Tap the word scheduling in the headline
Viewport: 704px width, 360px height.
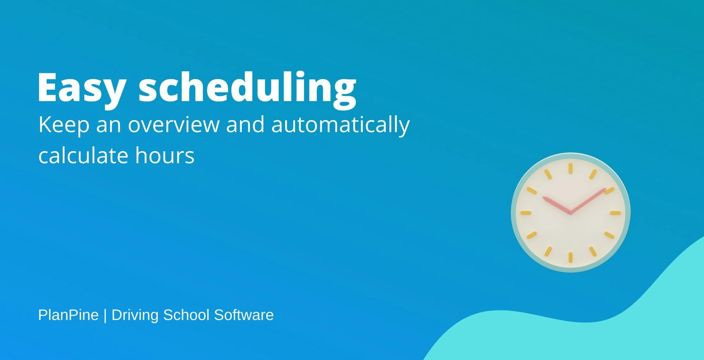[247, 90]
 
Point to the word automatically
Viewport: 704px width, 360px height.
[340, 125]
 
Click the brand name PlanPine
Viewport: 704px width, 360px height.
[68, 315]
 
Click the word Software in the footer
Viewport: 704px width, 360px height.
[244, 315]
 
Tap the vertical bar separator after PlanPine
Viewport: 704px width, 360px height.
[105, 316]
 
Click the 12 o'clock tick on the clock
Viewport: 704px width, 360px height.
[570, 168]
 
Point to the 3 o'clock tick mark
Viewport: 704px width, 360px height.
[615, 213]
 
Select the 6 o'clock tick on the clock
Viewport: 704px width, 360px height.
[570, 258]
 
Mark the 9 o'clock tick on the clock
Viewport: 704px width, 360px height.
[526, 213]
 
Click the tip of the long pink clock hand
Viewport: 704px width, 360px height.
[606, 189]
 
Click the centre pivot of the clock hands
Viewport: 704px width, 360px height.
[570, 212]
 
